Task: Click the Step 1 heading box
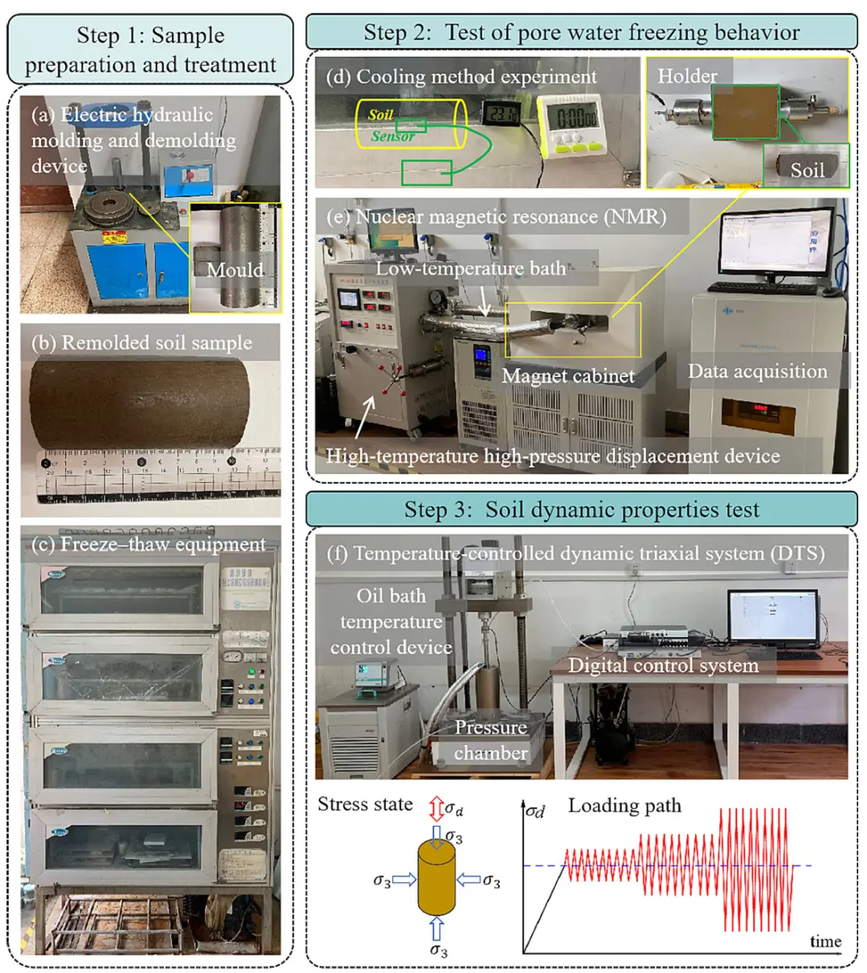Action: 150,49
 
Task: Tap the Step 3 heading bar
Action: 581,509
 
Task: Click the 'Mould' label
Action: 234,270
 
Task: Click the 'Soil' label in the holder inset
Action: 807,169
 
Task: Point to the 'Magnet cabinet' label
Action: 568,375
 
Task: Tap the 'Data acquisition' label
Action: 757,371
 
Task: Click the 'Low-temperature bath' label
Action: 470,268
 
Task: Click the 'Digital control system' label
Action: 663,665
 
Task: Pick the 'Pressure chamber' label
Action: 490,740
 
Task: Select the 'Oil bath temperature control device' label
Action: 391,621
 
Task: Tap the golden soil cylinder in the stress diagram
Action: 436,878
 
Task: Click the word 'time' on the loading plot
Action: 825,941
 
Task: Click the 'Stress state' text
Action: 365,804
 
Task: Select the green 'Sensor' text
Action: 393,136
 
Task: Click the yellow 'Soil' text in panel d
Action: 381,115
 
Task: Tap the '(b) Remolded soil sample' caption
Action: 141,343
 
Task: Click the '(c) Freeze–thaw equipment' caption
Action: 149,544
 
